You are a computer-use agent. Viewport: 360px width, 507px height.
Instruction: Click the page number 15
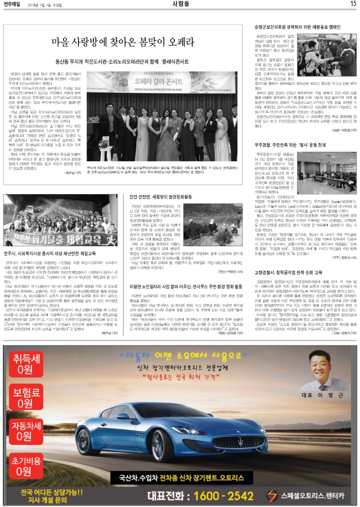click(x=352, y=4)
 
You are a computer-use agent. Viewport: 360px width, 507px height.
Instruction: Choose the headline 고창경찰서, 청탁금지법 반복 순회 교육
click(x=288, y=272)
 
